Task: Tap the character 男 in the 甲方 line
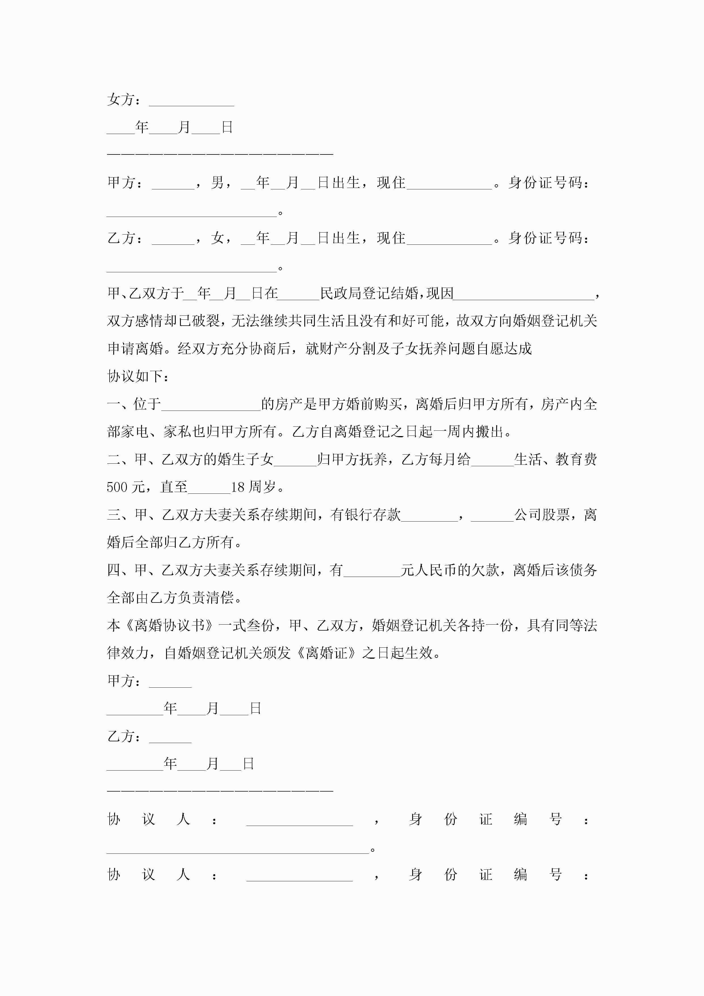(x=218, y=183)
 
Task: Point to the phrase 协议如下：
(x=138, y=376)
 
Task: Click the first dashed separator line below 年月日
(x=220, y=154)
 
